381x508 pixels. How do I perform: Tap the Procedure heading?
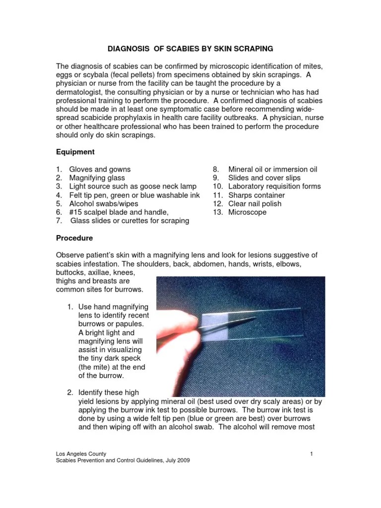[x=74, y=238]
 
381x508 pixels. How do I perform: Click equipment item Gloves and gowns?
[x=100, y=169]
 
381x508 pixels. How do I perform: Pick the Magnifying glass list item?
[x=97, y=178]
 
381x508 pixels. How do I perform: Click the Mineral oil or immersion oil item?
[x=272, y=169]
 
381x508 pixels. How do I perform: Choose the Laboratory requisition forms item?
[x=274, y=187]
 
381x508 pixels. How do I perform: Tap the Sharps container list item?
[x=256, y=195]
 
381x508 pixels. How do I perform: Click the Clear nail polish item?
[x=254, y=203]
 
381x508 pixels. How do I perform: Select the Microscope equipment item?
[x=247, y=212]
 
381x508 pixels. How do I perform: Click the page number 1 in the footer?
[x=311, y=453]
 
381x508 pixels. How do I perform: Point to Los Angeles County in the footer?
[x=80, y=453]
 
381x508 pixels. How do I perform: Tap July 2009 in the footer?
[x=177, y=460]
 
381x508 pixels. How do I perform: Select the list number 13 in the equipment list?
[x=217, y=212]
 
